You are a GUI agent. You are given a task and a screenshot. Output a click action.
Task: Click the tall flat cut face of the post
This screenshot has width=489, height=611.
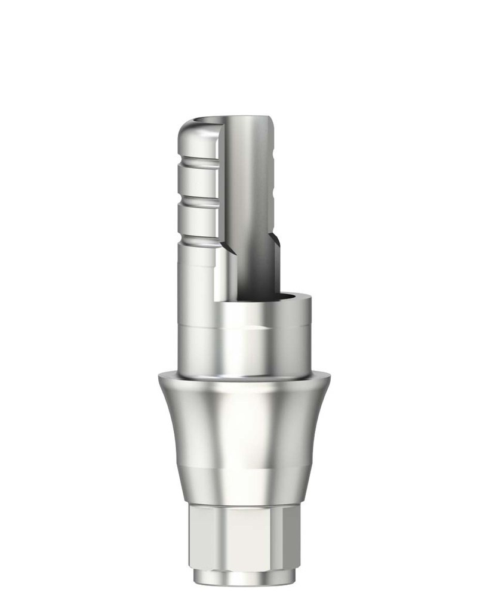(x=248, y=197)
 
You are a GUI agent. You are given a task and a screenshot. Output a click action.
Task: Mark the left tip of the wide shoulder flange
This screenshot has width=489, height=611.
(x=160, y=377)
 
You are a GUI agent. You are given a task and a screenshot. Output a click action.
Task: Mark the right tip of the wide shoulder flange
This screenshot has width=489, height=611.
(x=328, y=377)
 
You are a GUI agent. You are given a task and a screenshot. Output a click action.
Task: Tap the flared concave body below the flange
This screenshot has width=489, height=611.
(x=245, y=430)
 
